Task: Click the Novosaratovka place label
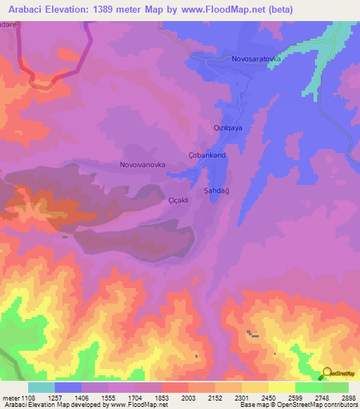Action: coord(256,60)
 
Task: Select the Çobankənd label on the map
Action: coord(207,155)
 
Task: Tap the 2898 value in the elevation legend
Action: coord(348,397)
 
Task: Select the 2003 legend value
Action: coord(188,397)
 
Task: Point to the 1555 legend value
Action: coord(108,397)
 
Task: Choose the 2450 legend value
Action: coord(269,397)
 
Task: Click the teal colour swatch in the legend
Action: coord(41,387)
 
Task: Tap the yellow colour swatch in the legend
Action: coord(281,387)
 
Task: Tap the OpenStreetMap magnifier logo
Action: coord(326,374)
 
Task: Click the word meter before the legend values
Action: coord(11,397)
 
